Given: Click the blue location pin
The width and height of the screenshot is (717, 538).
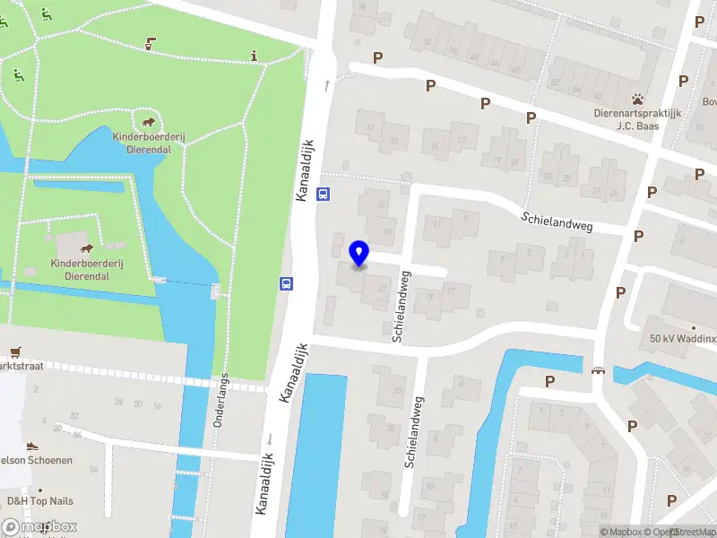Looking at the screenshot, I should (359, 254).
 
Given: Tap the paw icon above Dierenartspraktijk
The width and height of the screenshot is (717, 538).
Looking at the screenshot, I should (637, 99).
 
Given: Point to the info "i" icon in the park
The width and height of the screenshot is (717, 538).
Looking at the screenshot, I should (255, 56).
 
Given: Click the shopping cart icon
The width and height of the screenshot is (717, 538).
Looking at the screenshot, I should (15, 351).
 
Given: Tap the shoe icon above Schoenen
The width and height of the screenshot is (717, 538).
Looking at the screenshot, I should (31, 446).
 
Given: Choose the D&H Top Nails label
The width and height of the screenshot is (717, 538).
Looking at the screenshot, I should (40, 500).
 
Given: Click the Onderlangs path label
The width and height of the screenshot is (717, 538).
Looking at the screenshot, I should (220, 399).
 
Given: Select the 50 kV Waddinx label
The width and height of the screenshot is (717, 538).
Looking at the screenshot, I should (684, 340).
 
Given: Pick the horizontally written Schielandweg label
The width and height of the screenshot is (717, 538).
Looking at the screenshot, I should (558, 221).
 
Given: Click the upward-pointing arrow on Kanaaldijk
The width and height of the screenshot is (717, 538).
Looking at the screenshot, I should (327, 84).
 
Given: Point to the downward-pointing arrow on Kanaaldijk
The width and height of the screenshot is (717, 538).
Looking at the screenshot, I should (269, 438).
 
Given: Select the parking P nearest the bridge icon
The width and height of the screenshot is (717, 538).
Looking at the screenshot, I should (549, 381).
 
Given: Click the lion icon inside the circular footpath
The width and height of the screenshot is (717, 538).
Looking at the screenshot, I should (148, 122).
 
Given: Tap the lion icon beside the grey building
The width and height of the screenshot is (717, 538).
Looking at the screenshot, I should (87, 248).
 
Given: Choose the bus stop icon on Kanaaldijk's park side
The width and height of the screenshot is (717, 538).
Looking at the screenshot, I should (287, 283).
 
